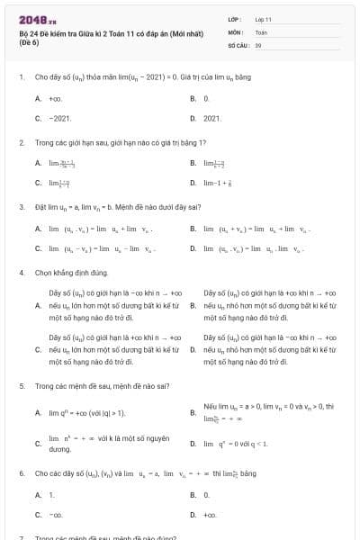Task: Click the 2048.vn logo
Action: (x=37, y=20)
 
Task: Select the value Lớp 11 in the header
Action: (x=264, y=19)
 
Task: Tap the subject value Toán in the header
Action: (x=261, y=31)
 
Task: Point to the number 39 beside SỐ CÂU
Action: (x=258, y=44)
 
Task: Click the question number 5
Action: (x=22, y=386)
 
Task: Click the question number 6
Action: (x=22, y=472)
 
